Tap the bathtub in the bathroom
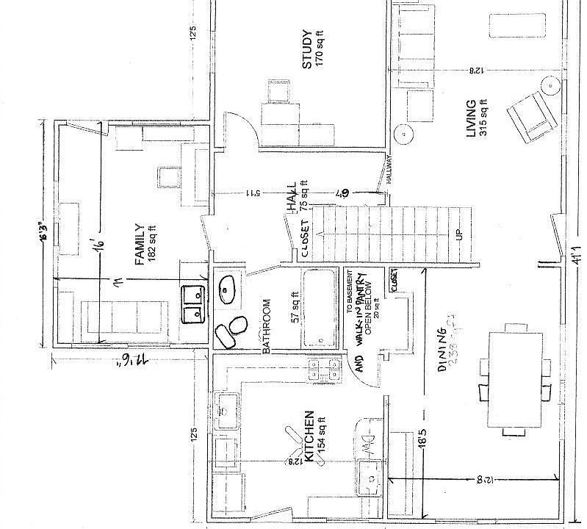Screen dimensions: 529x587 (320, 309)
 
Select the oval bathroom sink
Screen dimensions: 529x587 (228, 288)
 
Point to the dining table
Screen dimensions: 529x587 (514, 379)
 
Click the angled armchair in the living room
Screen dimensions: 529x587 (530, 118)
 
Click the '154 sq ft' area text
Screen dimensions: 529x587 (321, 436)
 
